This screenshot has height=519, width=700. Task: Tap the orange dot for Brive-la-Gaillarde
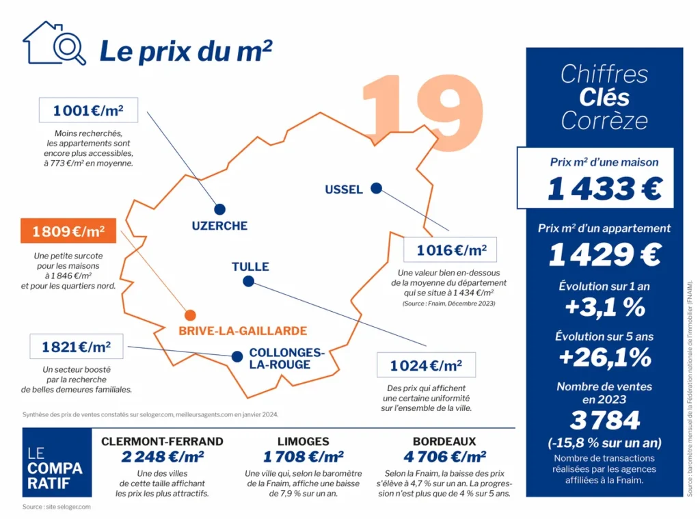click(190, 315)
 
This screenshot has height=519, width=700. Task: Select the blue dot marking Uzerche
click(219, 209)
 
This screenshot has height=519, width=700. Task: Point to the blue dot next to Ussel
click(377, 189)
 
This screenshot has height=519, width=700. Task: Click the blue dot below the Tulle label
click(248, 282)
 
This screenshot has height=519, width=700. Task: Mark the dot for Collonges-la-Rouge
click(237, 356)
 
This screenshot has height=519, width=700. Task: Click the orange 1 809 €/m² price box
click(68, 230)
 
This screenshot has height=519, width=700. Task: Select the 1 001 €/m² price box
click(88, 110)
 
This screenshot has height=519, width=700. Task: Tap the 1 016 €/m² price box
click(450, 250)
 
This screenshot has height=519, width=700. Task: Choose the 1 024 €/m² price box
click(427, 365)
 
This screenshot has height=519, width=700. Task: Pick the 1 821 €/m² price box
click(77, 347)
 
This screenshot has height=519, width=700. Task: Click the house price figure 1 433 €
click(604, 189)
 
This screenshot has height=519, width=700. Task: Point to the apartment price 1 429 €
click(604, 254)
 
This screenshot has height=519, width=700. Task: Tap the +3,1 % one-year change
click(605, 307)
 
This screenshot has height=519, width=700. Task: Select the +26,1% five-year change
click(605, 358)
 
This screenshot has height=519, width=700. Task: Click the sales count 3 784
click(605, 421)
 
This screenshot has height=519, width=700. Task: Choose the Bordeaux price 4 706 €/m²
click(444, 457)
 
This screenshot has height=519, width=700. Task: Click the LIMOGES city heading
click(303, 441)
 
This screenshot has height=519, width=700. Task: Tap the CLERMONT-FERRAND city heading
click(162, 441)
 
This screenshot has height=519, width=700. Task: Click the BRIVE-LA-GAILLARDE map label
click(243, 331)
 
